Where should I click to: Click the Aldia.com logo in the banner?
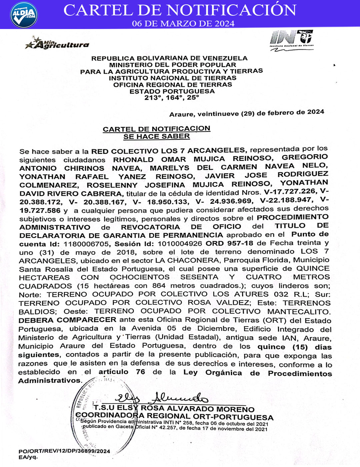click(x=24, y=15)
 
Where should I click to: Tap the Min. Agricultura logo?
click(x=57, y=44)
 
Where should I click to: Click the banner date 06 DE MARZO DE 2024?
click(x=183, y=24)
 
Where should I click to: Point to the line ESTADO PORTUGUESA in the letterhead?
click(x=172, y=91)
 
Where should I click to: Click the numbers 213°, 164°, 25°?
click(x=172, y=98)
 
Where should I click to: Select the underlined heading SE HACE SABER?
click(x=157, y=136)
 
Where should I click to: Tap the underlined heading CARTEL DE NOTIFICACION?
click(x=157, y=129)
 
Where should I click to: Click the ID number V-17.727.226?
click(x=290, y=191)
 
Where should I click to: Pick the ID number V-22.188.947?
click(x=286, y=200)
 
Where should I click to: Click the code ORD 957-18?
click(x=229, y=244)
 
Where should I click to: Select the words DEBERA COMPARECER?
click(x=67, y=320)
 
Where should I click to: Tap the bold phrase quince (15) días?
click(x=294, y=347)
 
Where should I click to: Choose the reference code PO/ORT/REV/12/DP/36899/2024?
click(x=64, y=451)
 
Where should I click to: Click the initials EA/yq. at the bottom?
click(x=28, y=457)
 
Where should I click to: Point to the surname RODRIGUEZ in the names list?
click(x=303, y=174)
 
